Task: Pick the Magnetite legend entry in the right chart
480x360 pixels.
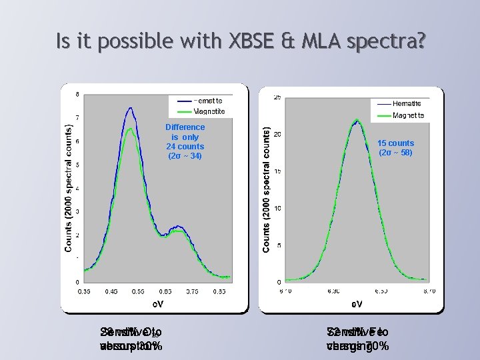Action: pos(407,115)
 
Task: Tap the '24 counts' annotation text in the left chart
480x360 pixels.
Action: pos(185,147)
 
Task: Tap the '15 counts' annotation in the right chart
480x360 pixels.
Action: pos(396,143)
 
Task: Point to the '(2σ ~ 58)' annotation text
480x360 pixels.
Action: pos(396,153)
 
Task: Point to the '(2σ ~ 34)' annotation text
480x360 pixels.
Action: pos(185,156)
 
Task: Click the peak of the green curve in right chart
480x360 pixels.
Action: pos(357,120)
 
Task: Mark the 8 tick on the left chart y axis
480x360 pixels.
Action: pos(78,94)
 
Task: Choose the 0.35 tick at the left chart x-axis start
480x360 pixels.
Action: pos(85,291)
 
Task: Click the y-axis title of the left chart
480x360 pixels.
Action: pos(68,188)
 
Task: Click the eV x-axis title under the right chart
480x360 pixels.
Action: pos(357,304)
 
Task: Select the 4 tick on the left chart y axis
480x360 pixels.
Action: pos(78,188)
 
